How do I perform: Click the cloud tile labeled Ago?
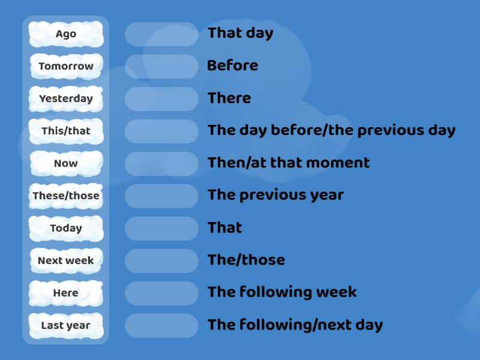pos(66,34)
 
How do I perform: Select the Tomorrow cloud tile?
pos(66,66)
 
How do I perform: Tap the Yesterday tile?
pos(66,98)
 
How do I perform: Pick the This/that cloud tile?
pos(66,131)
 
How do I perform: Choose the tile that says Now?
pos(66,163)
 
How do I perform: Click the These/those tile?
pos(66,196)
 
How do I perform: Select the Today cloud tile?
pos(66,228)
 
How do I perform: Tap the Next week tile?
pos(66,260)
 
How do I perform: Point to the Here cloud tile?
pos(66,293)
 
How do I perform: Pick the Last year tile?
pos(66,325)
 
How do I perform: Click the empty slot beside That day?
pos(161,34)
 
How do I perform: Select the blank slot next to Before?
pos(161,66)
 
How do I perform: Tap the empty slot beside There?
pos(161,98)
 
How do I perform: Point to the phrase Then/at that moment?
pos(289,163)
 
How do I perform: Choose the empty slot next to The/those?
pos(161,260)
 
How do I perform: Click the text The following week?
pos(282,292)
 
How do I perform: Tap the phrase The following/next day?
pos(295,325)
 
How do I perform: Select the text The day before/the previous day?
pos(331,130)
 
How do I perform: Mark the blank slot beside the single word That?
pos(161,228)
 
